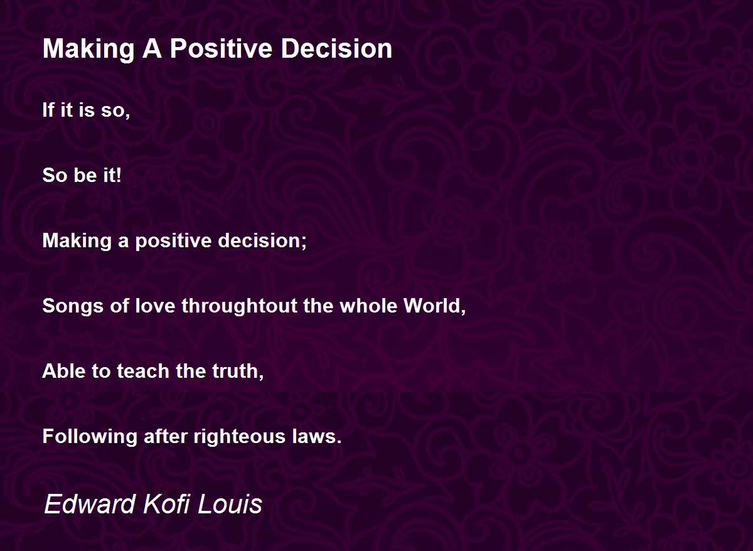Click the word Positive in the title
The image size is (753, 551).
[221, 49]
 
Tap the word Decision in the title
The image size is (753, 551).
[336, 49]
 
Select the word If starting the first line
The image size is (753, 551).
[48, 110]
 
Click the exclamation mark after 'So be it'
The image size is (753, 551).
[119, 175]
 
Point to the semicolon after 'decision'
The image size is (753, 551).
[304, 241]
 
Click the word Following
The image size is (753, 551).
[90, 437]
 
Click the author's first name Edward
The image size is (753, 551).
[90, 504]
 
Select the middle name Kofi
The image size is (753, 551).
[166, 504]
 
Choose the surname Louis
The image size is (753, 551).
[230, 504]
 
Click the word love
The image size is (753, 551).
[155, 306]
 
